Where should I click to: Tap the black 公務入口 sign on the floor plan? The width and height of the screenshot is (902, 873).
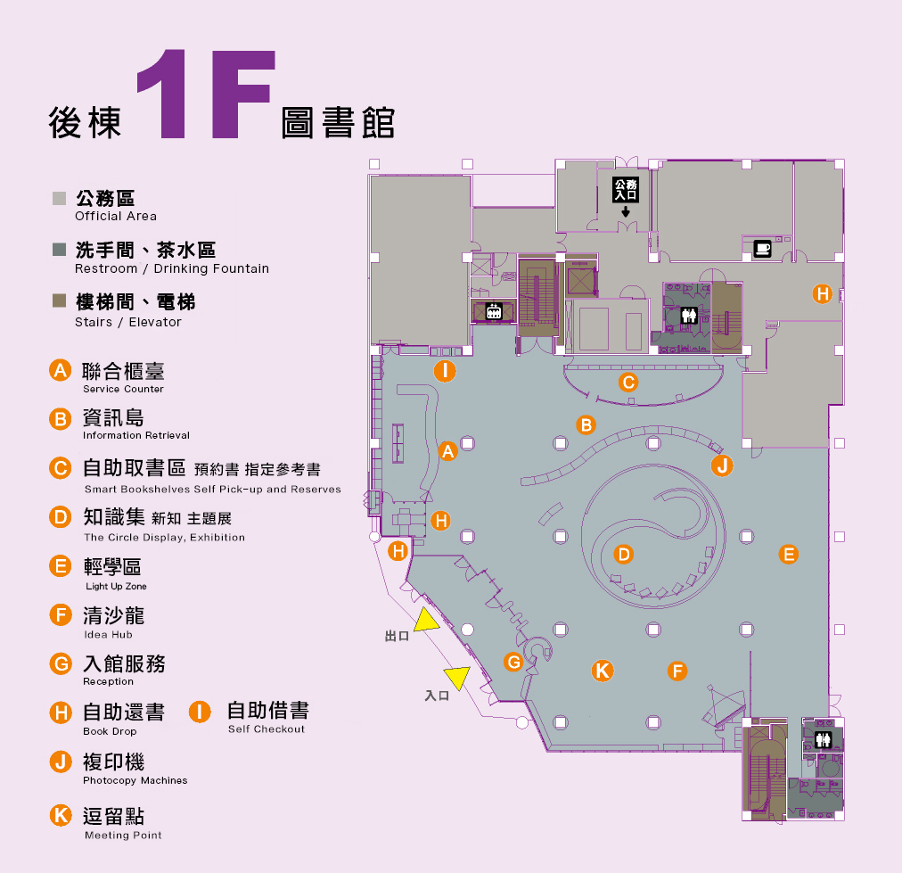pyautogui.click(x=626, y=188)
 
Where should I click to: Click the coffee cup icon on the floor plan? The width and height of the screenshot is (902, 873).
pyautogui.click(x=762, y=249)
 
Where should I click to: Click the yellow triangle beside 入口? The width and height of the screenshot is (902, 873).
pyautogui.click(x=457, y=678)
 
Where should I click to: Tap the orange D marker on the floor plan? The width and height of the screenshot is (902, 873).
pyautogui.click(x=624, y=555)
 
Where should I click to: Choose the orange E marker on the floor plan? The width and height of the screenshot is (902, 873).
pyautogui.click(x=788, y=554)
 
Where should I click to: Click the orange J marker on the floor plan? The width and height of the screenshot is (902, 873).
pyautogui.click(x=722, y=465)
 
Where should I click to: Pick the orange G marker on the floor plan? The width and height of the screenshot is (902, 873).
pyautogui.click(x=512, y=663)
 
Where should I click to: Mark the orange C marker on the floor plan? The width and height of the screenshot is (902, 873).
pyautogui.click(x=628, y=383)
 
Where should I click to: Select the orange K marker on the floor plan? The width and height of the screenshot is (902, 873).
pyautogui.click(x=603, y=671)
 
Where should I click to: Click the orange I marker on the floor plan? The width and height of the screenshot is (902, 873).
pyautogui.click(x=444, y=372)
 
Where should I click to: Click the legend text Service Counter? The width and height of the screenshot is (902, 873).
pyautogui.click(x=123, y=390)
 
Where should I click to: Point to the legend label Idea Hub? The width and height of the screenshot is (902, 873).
pyautogui.click(x=108, y=635)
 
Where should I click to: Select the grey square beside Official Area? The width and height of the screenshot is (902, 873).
pyautogui.click(x=60, y=198)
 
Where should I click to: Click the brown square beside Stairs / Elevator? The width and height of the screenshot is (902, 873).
pyautogui.click(x=60, y=301)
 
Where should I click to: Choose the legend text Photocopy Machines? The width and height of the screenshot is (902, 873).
pyautogui.click(x=135, y=780)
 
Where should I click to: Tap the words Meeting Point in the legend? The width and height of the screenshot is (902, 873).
pyautogui.click(x=123, y=836)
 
